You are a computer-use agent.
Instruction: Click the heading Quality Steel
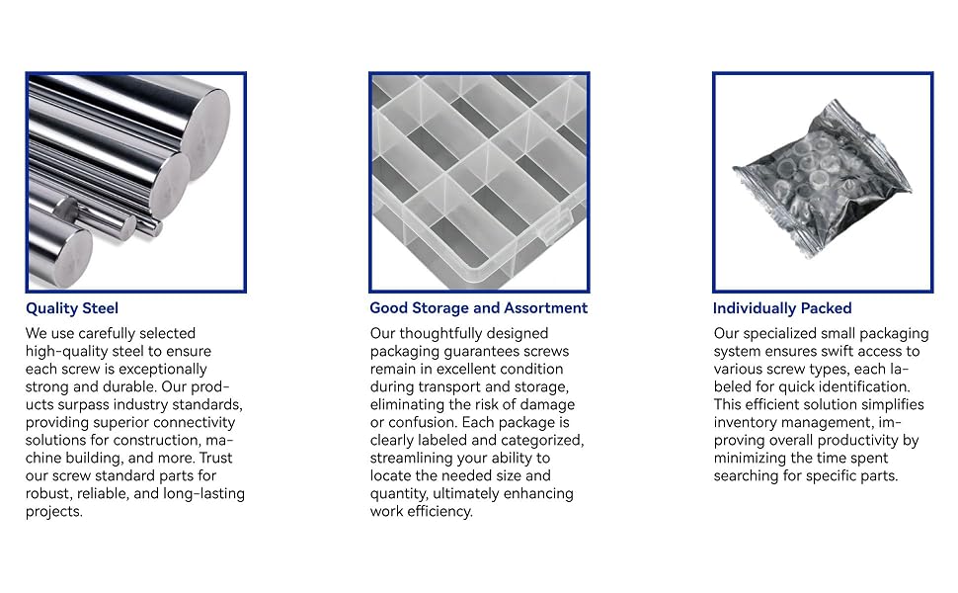(72, 308)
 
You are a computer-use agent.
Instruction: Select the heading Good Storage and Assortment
(478, 308)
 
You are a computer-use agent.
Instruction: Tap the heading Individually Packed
(782, 308)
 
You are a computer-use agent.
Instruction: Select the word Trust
(215, 458)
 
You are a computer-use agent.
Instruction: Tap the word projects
(53, 512)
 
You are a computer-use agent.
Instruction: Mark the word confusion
(422, 422)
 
